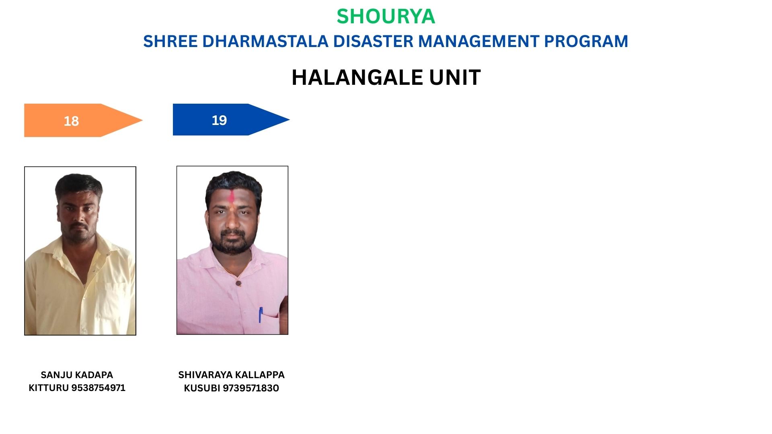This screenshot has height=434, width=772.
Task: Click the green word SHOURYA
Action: point(386,16)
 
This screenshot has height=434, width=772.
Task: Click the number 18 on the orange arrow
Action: point(71,121)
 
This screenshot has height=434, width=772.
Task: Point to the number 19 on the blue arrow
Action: point(219,120)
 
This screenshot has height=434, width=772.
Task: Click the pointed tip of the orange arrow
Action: point(142,120)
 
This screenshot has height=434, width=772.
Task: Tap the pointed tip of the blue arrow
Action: point(289,119)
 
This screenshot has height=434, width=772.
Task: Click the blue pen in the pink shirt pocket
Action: point(261,315)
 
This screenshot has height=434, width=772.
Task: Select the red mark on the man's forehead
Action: point(232,196)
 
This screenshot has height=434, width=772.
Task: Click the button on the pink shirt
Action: point(238,283)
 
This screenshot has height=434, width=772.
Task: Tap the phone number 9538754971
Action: point(99,388)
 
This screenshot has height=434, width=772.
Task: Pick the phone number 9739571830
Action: point(251,388)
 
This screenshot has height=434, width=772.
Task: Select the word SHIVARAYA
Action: point(204,375)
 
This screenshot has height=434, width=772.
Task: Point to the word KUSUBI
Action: point(202,388)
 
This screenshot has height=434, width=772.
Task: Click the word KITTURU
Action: point(49,388)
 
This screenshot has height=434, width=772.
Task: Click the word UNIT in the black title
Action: point(455,77)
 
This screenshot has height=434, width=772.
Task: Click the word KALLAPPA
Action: point(259,375)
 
